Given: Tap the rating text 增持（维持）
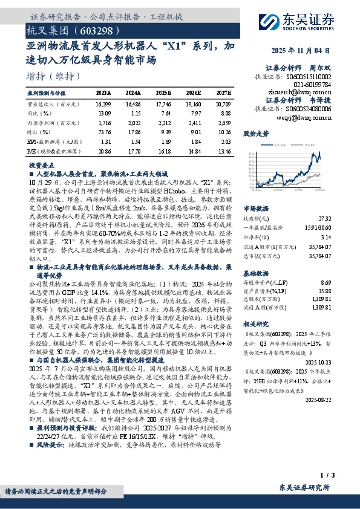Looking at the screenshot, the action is tap(54, 76).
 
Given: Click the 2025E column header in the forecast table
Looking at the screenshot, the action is tap(163, 94).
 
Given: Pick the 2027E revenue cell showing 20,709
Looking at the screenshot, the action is tap(223, 104).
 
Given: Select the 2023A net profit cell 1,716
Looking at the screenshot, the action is tap(104, 122).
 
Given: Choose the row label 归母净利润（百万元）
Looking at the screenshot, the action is tap(56, 122).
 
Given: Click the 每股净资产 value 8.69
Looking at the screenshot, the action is tap(326, 282).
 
